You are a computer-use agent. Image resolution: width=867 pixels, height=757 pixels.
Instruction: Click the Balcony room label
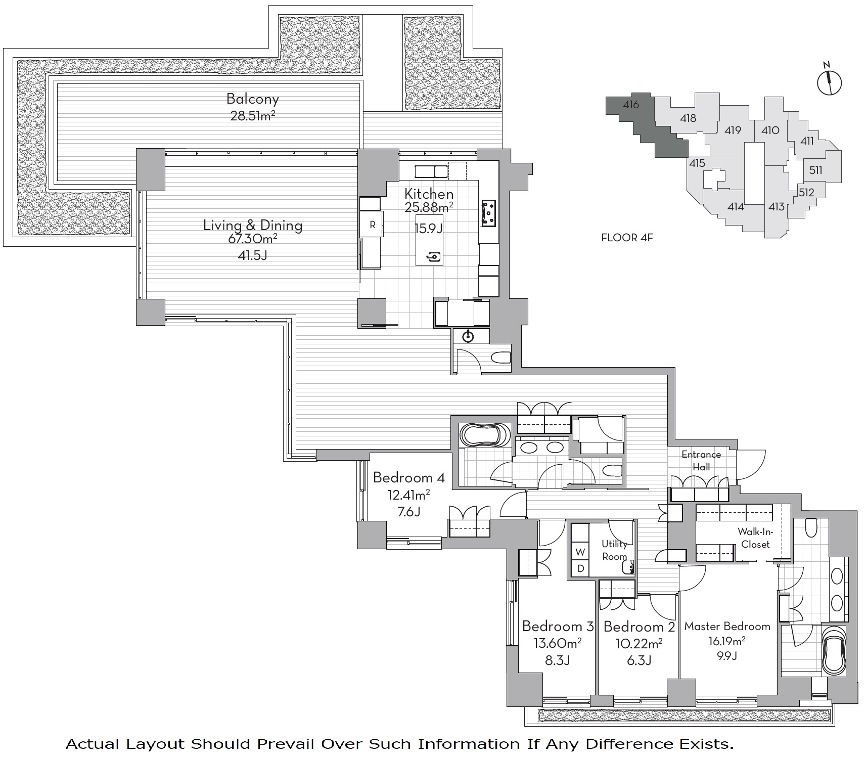[252, 99]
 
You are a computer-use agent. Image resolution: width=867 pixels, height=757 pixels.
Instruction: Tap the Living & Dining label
[253, 225]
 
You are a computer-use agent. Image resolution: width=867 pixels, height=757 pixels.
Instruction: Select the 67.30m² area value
[253, 239]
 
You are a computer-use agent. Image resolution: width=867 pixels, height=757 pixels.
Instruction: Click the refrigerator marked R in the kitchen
[372, 225]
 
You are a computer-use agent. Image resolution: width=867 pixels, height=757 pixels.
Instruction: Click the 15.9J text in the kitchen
[429, 229]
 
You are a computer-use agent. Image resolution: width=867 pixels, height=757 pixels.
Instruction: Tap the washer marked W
[580, 552]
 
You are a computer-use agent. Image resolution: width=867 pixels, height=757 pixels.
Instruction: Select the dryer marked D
[580, 568]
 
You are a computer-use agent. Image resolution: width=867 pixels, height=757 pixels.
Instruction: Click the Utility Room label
[614, 550]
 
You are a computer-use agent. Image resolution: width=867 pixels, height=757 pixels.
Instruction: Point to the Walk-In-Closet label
[755, 538]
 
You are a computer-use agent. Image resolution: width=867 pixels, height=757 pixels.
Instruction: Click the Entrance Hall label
[701, 461]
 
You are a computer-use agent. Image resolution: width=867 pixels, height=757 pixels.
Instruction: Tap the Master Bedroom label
[727, 627]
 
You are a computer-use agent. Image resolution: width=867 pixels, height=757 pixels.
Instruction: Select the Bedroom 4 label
[409, 477]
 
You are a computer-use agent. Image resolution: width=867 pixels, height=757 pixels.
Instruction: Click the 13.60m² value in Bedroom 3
[558, 643]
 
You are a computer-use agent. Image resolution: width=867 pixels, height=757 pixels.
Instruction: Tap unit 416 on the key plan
[630, 105]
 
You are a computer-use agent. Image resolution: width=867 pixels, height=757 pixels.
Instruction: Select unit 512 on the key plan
[807, 192]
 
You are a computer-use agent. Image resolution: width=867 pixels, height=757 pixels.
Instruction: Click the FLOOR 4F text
[627, 238]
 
